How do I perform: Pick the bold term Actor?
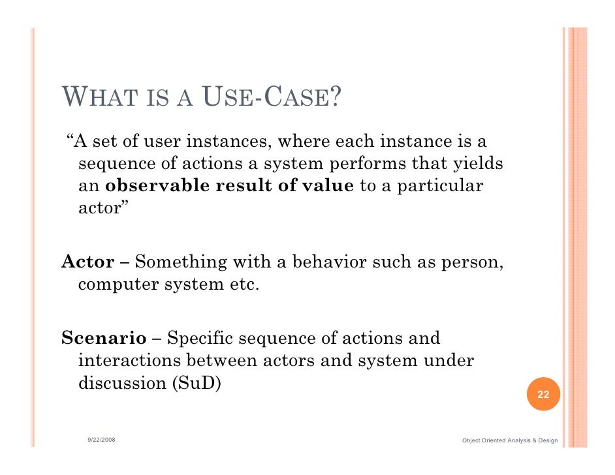(87, 262)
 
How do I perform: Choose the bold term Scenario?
(104, 339)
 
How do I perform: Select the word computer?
(118, 285)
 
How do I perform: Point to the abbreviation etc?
(244, 285)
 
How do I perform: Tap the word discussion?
(121, 383)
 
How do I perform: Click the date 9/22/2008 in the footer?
(102, 440)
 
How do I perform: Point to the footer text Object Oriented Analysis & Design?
(509, 441)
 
